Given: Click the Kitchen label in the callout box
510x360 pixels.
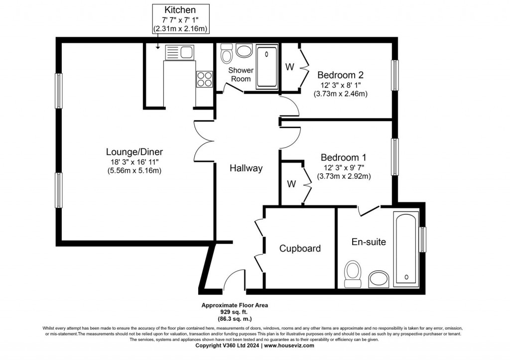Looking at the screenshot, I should [180, 9].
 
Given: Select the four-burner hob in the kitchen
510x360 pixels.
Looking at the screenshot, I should [204, 78].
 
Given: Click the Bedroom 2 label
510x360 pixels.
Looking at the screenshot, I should [340, 75].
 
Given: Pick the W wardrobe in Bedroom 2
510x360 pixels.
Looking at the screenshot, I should [289, 67].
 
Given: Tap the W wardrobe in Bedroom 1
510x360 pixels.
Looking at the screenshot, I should [291, 184].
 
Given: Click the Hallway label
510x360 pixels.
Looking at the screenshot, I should [246, 168].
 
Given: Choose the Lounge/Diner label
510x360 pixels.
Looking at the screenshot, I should [134, 152].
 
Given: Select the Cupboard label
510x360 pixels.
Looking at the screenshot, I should [299, 248].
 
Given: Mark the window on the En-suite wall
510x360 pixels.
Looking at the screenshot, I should [423, 240].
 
